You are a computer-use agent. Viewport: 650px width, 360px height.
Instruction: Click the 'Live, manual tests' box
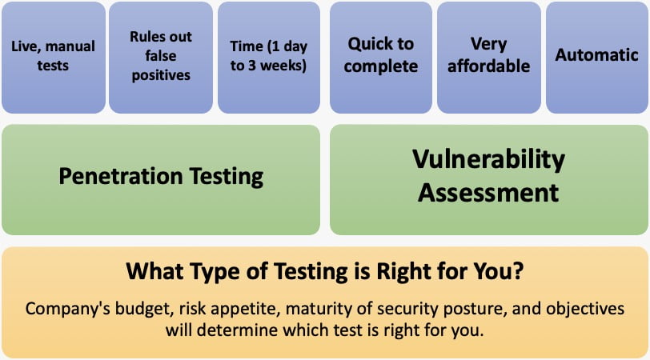pos(54,57)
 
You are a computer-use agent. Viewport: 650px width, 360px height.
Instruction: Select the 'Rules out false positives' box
pos(161,57)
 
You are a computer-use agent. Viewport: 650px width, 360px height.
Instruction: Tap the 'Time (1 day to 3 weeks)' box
pos(269,57)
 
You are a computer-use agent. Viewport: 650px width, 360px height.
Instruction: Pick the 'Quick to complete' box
pos(381,57)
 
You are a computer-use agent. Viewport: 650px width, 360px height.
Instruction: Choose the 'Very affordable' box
pos(489,57)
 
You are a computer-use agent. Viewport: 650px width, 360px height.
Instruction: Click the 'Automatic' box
pos(597,57)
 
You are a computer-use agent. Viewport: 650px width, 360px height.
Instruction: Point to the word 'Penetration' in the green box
pos(121,176)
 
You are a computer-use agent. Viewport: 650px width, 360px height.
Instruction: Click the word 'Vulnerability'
pos(489,160)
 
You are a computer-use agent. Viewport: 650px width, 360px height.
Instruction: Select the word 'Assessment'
pos(488,193)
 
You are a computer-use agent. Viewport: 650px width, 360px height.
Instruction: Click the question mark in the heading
pos(518,271)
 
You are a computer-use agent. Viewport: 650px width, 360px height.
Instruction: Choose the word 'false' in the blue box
pos(161,56)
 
